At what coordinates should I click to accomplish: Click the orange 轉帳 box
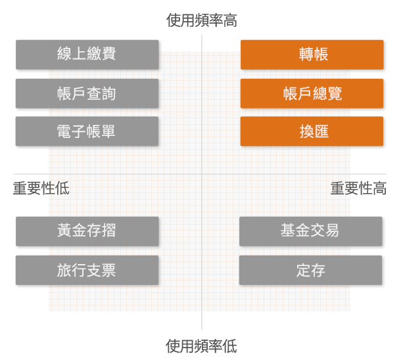pyautogui.click(x=312, y=55)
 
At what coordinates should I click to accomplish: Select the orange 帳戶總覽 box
pyautogui.click(x=312, y=93)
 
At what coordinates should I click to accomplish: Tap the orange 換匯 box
pyautogui.click(x=312, y=131)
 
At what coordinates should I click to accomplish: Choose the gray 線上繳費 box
pyautogui.click(x=87, y=55)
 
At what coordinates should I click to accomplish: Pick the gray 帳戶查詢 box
pyautogui.click(x=87, y=93)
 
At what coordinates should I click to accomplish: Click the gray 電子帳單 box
pyautogui.click(x=87, y=131)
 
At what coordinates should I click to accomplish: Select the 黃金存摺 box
pyautogui.click(x=87, y=231)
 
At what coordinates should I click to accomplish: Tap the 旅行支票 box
pyautogui.click(x=87, y=270)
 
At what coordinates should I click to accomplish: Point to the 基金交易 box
pyautogui.click(x=311, y=231)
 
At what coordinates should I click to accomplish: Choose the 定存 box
pyautogui.click(x=311, y=270)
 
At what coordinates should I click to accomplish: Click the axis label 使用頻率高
pyautogui.click(x=202, y=20)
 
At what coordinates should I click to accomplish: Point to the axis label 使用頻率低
pyautogui.click(x=201, y=346)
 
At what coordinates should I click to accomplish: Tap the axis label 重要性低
pyautogui.click(x=41, y=189)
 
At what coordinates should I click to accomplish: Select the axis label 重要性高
pyautogui.click(x=358, y=189)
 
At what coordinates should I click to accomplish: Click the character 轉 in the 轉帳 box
pyautogui.click(x=306, y=54)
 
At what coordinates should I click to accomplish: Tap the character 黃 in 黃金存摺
pyautogui.click(x=64, y=230)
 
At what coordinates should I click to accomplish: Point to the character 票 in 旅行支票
pyautogui.click(x=108, y=270)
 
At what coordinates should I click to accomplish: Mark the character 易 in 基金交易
pyautogui.click(x=332, y=230)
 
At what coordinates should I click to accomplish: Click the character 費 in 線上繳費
pyautogui.click(x=108, y=53)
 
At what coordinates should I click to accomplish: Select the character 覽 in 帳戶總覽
pyautogui.click(x=335, y=93)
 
